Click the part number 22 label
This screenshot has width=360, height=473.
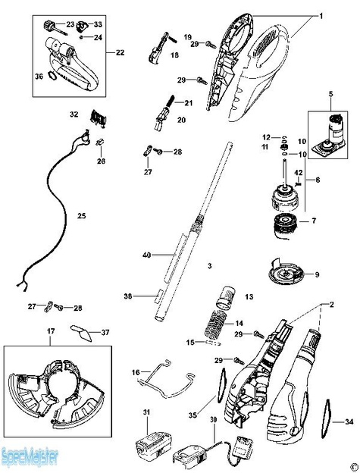tap(120, 52)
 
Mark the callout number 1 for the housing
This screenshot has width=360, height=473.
tap(321, 16)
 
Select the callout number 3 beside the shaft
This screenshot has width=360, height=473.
tap(209, 268)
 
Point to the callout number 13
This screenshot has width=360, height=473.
tap(248, 295)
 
